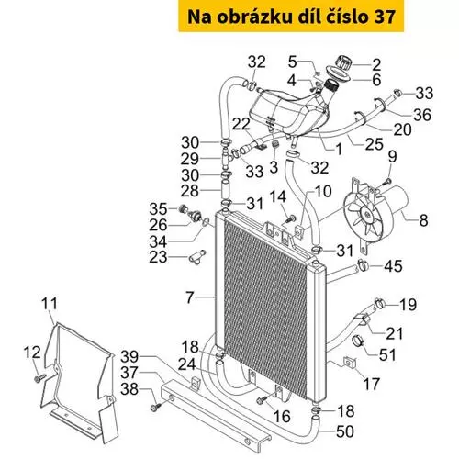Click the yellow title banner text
tap(291, 17)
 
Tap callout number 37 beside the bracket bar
tap(129, 373)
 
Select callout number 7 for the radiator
tap(190, 297)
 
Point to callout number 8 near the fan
tap(423, 220)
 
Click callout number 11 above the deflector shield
tap(50, 304)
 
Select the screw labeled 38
tap(156, 407)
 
